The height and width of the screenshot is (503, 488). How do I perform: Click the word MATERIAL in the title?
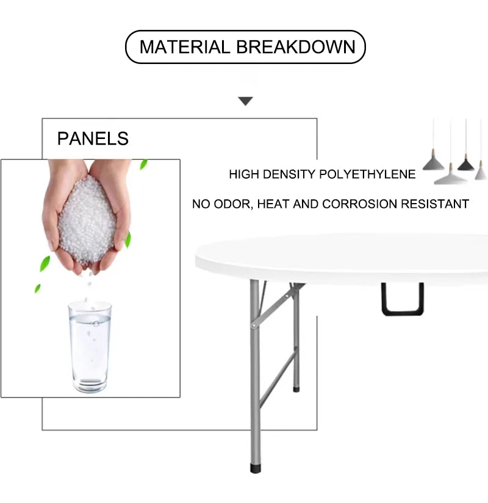[185, 47]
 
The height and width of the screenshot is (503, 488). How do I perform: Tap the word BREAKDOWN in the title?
[296, 47]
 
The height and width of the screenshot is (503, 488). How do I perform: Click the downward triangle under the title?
[246, 101]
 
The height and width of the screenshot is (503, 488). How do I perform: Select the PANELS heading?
[93, 138]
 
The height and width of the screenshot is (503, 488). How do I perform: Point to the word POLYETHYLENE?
[367, 174]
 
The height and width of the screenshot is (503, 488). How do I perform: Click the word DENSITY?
[289, 174]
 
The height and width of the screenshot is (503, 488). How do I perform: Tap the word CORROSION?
[359, 204]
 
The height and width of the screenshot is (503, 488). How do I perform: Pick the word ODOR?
[234, 204]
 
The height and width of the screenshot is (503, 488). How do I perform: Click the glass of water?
[90, 346]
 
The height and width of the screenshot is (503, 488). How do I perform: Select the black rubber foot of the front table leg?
[256, 468]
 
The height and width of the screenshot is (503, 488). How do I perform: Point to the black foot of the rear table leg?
[296, 389]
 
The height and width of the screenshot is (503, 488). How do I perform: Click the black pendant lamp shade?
[466, 164]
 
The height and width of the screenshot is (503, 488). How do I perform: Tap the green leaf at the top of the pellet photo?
[143, 165]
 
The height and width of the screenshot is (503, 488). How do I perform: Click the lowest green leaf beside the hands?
[38, 288]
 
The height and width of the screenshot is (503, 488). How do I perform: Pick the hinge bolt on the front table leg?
[254, 326]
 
